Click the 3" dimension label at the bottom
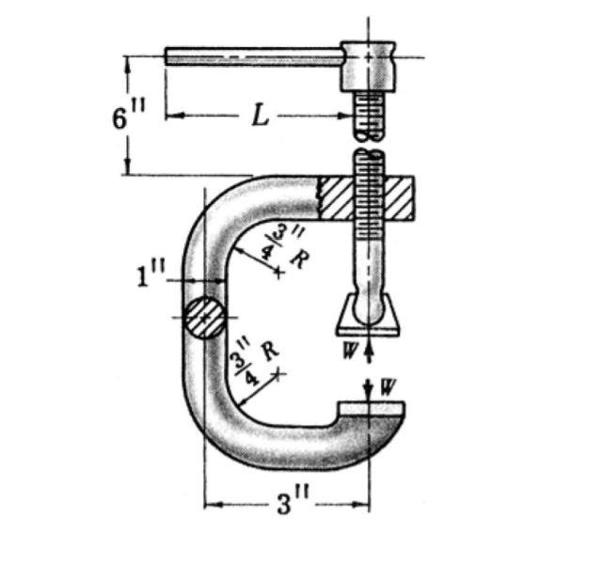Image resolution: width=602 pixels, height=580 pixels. point(286,505)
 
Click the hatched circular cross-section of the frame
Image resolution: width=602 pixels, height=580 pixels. point(204,318)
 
